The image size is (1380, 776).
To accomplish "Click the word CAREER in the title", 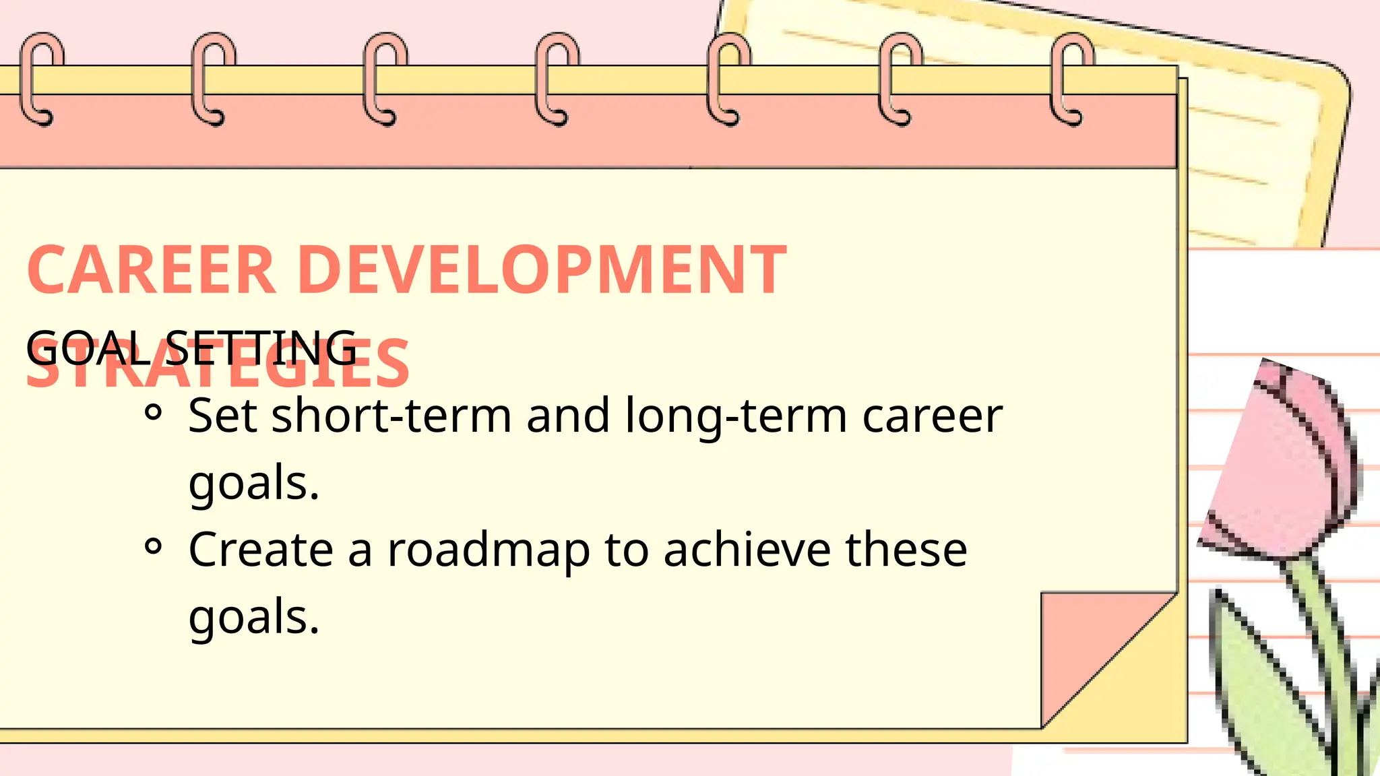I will point(152,270).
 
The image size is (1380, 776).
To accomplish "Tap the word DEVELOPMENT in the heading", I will point(542,270).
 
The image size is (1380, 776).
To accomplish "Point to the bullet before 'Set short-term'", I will point(154,412).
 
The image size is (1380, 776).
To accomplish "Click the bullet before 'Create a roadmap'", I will point(154,546).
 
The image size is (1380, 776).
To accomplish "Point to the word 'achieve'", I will point(747,550).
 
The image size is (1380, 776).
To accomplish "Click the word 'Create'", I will point(260,550).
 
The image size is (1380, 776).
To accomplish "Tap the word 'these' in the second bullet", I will point(906,550).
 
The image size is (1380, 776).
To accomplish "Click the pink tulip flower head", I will point(1280,465).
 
